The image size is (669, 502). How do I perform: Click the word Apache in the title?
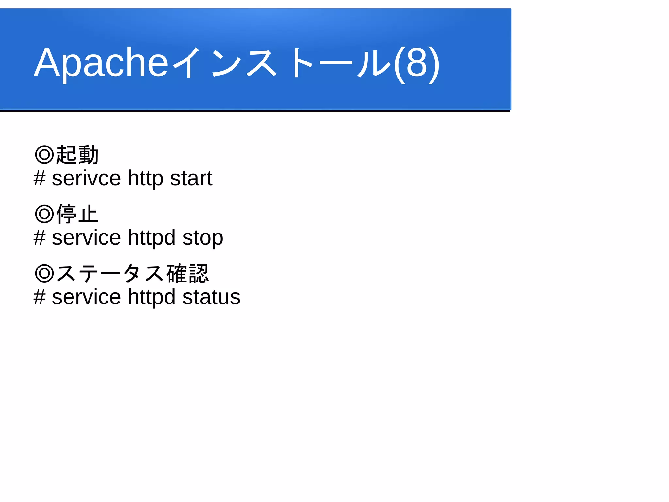pos(101,63)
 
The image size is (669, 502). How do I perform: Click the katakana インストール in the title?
pos(281,63)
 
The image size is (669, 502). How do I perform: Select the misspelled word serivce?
pos(86,179)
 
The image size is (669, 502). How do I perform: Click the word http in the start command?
pos(145,179)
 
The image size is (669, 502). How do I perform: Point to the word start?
pos(191,179)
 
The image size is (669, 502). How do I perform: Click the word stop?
pos(203,238)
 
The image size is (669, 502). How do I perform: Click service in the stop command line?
pos(86,238)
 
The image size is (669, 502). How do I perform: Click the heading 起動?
pos(77,155)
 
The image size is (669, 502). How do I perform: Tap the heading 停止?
pos(77,214)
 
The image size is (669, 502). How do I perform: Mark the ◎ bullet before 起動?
pos(44,155)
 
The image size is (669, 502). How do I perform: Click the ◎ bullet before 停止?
pos(44,214)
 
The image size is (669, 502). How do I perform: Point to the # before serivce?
pos(40,179)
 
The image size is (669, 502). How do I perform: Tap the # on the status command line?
pos(40,297)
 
